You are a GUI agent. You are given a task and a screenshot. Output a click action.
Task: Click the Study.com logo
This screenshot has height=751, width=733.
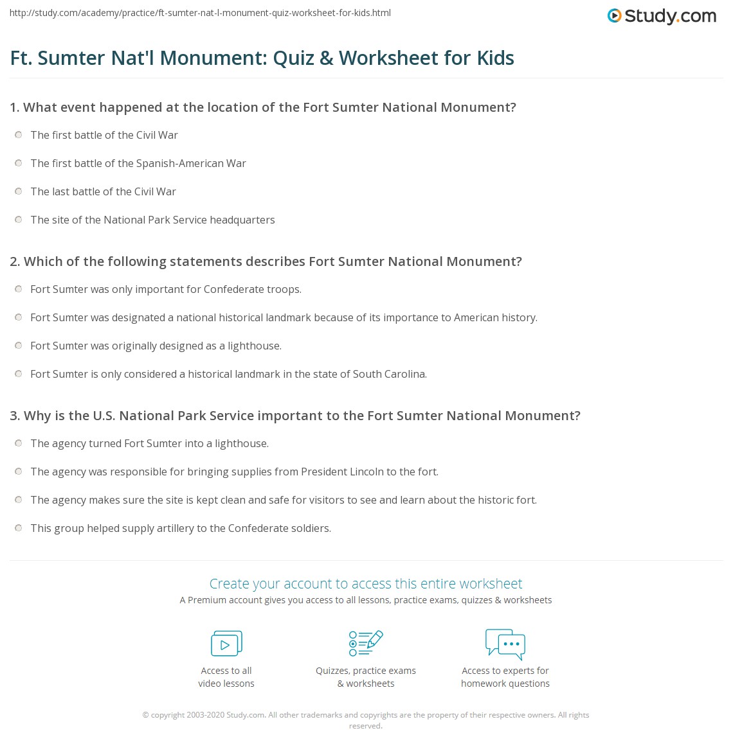662,16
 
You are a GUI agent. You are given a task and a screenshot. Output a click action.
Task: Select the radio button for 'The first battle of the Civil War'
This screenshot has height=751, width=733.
18,135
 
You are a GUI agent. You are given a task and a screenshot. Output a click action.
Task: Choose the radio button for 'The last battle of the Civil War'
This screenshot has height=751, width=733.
18,191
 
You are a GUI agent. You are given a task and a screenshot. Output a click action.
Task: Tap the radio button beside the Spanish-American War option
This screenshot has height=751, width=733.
18,163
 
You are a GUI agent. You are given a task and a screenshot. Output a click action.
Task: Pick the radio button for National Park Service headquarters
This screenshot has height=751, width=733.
18,220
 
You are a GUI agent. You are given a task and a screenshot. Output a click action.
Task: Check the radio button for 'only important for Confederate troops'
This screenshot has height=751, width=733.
18,289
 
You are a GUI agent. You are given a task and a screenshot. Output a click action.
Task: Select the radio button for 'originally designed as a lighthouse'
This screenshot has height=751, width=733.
18,346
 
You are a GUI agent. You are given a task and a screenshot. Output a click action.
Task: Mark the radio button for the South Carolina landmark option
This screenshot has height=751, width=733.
18,374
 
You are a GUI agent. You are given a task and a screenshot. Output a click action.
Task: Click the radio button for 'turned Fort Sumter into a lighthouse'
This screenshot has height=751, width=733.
18,443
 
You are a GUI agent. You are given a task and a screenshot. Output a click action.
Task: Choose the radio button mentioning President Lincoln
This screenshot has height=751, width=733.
18,472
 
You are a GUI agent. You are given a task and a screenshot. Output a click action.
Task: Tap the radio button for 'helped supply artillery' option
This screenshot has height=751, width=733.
18,528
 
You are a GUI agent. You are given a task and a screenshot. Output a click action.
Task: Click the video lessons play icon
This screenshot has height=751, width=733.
226,643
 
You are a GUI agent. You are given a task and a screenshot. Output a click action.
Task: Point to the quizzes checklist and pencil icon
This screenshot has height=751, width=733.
366,643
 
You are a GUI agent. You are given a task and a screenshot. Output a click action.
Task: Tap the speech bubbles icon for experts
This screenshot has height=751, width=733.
505,644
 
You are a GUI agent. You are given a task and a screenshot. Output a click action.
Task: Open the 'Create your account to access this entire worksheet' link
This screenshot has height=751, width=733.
366,583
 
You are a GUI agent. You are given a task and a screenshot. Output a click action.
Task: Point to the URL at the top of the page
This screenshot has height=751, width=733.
200,13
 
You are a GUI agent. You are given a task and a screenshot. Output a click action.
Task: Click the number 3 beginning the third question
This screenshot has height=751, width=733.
14,416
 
